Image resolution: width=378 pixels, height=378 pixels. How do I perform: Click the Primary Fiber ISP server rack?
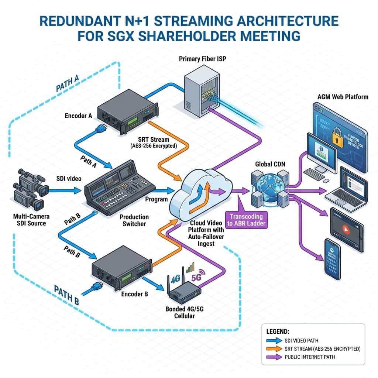[202, 95]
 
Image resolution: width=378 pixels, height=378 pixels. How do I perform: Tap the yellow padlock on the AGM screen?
[339, 137]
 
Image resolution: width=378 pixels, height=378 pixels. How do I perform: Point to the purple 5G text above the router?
[196, 277]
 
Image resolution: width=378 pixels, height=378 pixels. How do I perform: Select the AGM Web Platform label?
[343, 97]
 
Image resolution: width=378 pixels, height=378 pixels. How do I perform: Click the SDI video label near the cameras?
[69, 179]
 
